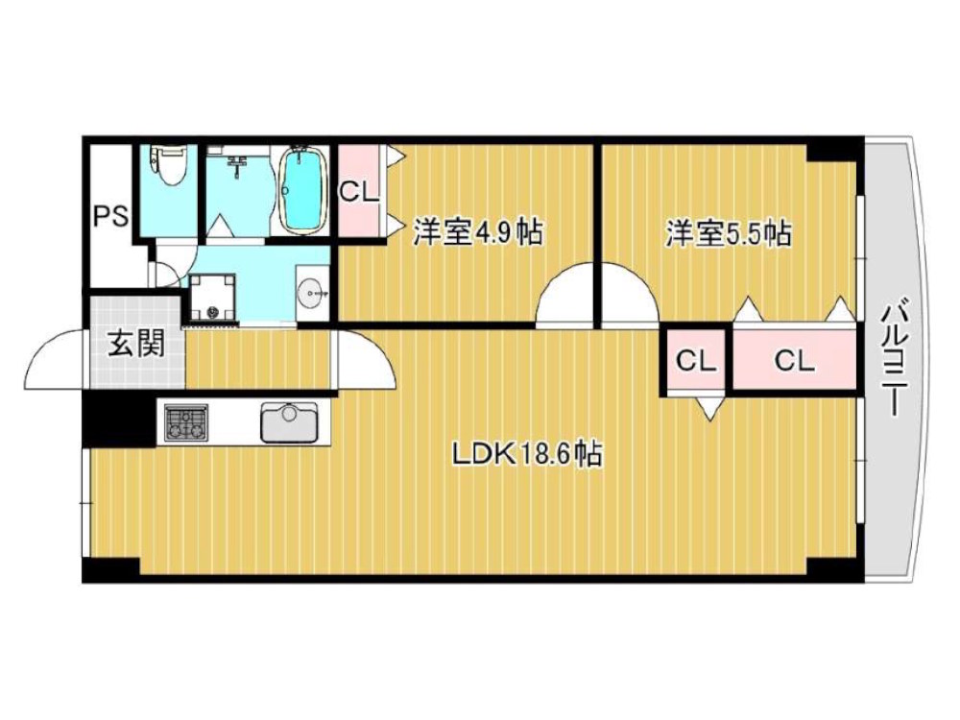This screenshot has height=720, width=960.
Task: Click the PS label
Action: coord(109,216)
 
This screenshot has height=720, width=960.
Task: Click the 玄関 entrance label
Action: coord(133,344)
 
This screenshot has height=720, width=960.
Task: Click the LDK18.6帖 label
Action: coord(527,454)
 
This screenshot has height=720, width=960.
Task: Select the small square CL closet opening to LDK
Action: coord(696,361)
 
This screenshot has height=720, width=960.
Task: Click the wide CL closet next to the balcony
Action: coord(794,361)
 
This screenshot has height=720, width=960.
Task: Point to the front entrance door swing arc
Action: coord(56,360)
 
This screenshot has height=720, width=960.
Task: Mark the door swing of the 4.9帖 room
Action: coord(564,300)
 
